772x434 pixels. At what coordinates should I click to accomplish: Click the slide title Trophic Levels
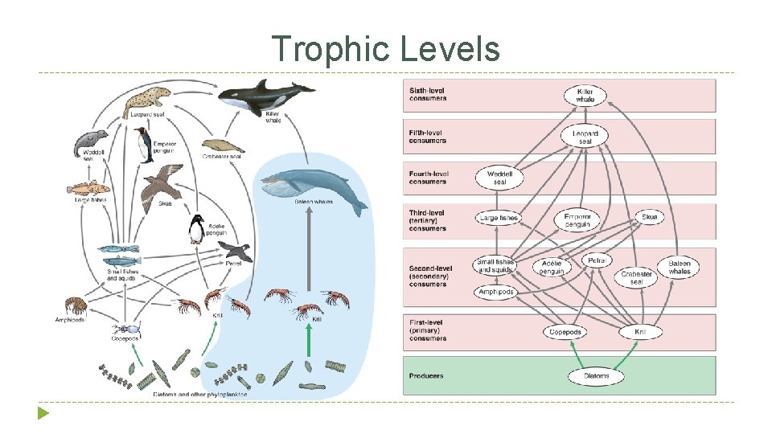pos(385,48)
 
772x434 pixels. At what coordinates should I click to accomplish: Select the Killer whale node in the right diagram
pos(585,96)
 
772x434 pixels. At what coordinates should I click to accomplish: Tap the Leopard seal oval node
pos(585,137)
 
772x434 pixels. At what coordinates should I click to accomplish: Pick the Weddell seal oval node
pos(499,178)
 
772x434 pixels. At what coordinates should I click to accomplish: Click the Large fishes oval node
pos(499,218)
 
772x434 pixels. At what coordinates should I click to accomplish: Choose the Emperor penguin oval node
pos(577,219)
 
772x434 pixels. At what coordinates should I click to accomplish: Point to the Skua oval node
pos(649,217)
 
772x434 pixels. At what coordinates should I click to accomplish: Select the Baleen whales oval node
pos(680,268)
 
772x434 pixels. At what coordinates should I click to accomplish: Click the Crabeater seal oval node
pos(637,277)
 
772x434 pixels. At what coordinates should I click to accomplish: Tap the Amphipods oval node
pos(495,292)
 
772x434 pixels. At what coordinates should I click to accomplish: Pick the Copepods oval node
pos(565,332)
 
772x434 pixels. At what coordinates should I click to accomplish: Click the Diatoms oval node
pos(596,375)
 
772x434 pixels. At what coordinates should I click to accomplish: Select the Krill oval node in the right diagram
pos(641,332)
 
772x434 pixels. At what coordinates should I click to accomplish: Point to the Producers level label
pos(426,375)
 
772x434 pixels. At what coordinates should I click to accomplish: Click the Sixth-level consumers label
pos(428,95)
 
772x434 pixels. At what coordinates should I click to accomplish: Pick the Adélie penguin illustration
pos(196,230)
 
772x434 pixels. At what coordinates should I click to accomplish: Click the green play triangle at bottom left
pos(43,414)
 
